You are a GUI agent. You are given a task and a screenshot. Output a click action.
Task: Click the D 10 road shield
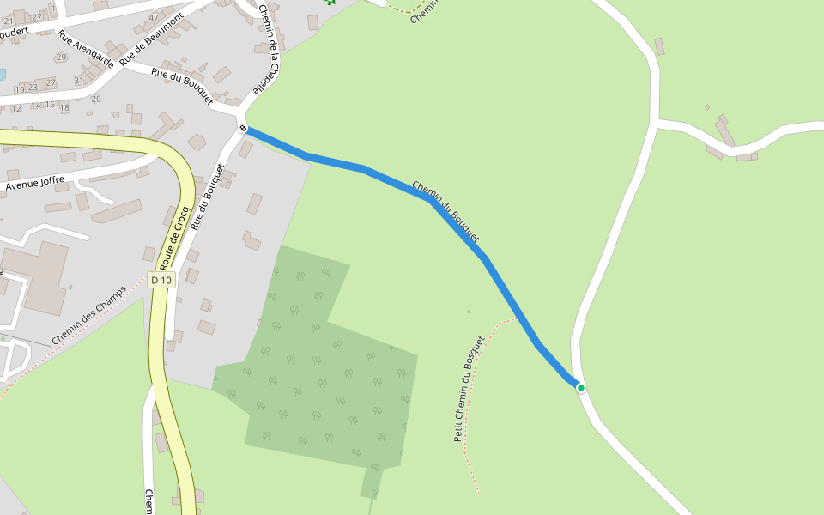(x=161, y=280)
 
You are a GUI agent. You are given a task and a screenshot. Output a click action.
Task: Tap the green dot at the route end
(x=581, y=388)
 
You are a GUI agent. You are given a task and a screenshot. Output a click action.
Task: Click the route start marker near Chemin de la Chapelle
(x=244, y=129)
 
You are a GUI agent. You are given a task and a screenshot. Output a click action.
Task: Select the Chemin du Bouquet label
(x=445, y=211)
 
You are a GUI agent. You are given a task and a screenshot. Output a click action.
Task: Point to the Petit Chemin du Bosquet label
(x=470, y=389)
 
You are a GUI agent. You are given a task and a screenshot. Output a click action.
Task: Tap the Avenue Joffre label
(x=35, y=182)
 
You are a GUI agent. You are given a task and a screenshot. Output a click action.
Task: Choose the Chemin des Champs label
(x=88, y=315)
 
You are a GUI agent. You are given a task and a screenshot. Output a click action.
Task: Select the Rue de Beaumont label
(x=152, y=39)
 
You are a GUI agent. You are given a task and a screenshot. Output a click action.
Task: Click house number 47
(x=154, y=17)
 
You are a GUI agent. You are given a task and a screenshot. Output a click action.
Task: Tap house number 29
(x=60, y=58)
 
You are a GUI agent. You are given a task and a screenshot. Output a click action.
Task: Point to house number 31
(x=79, y=81)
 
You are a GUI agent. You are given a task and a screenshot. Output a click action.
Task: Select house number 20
(x=95, y=99)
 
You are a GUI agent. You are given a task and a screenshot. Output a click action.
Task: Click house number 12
(x=16, y=108)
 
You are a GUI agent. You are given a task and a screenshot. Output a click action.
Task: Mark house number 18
(x=64, y=107)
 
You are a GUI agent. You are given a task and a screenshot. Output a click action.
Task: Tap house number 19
(x=19, y=89)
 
